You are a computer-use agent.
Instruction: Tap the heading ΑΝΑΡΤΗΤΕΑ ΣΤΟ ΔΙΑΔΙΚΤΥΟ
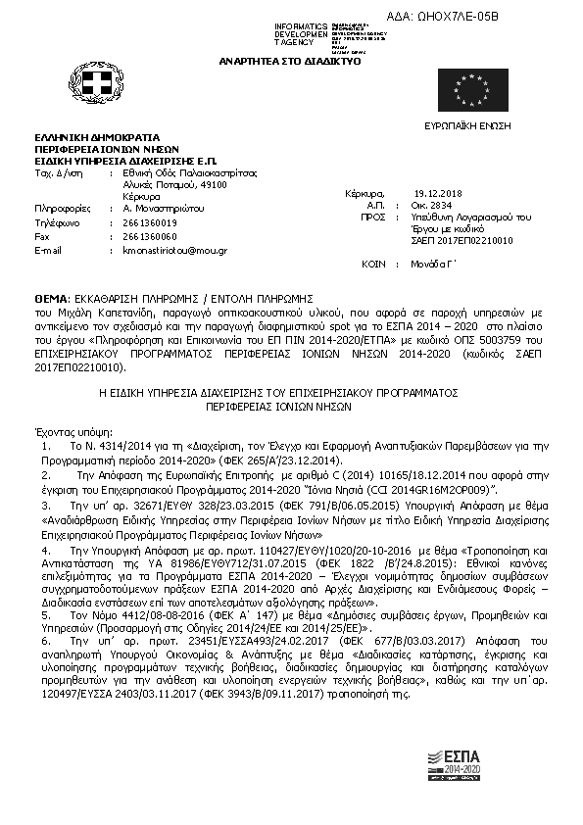pos(303,61)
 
